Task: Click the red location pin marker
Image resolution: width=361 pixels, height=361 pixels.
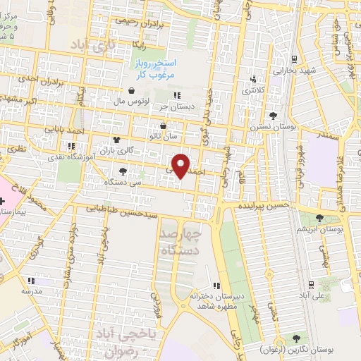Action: tap(182, 165)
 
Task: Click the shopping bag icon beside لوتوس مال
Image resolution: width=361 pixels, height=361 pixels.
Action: tap(133, 90)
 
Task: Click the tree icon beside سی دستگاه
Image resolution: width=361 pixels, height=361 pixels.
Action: tap(123, 171)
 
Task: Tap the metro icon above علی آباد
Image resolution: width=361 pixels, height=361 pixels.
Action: tap(311, 284)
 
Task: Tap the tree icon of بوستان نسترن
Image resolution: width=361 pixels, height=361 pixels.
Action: tap(272, 116)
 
